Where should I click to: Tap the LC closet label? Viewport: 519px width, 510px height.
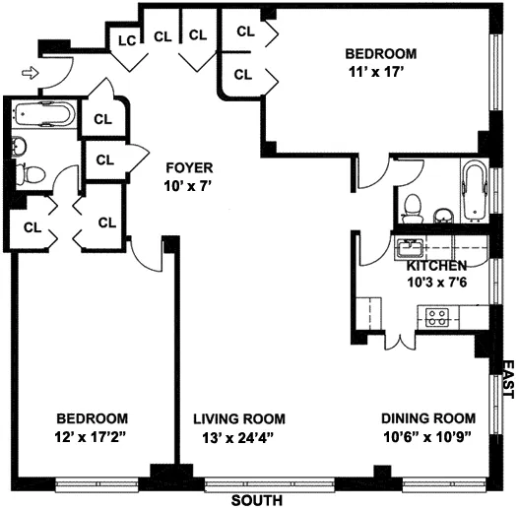(x=126, y=40)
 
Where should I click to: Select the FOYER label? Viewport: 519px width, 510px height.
(x=189, y=167)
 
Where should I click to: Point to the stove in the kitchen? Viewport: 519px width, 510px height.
(x=436, y=317)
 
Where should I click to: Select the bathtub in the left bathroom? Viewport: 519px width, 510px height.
(x=43, y=116)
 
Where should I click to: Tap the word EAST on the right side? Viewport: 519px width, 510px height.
(x=508, y=379)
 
